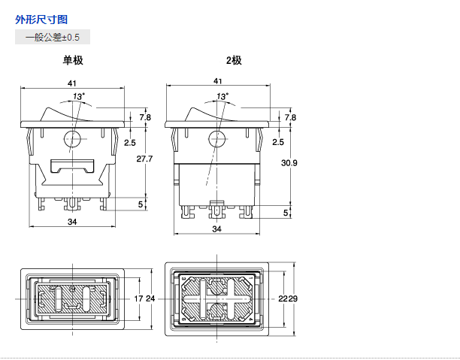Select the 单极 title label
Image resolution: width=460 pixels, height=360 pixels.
[x=72, y=61]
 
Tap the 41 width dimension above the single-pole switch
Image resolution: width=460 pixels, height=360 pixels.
[x=72, y=81]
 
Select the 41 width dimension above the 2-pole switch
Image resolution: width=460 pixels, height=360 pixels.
[x=217, y=81]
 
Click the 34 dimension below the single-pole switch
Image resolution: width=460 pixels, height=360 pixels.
[x=72, y=222]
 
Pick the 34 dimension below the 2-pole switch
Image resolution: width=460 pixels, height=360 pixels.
[x=216, y=228]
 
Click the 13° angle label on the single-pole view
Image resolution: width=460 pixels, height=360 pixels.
[x=79, y=96]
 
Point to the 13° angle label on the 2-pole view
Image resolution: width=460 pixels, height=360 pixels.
[x=223, y=96]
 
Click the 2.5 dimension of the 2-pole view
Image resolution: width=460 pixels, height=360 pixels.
[x=278, y=142]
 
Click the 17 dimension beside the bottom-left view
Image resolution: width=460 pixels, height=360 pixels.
[x=138, y=299]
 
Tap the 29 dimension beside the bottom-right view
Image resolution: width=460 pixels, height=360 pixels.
[x=293, y=299]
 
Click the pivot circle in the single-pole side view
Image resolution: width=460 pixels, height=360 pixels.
[x=73, y=139]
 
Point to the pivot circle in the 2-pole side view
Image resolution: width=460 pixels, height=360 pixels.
[x=217, y=139]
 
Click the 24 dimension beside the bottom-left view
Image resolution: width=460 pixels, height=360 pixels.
[x=150, y=299]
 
